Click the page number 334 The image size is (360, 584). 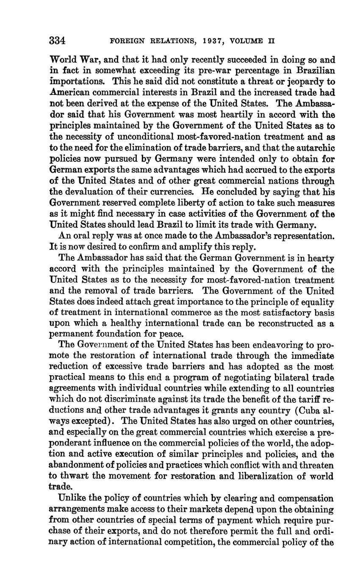coord(57,41)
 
